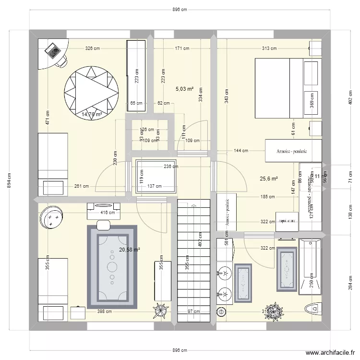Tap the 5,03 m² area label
(184, 89)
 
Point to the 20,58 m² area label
(130, 250)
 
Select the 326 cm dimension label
(92, 48)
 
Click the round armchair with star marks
(52, 217)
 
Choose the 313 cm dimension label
(269, 48)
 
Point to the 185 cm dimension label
(267, 197)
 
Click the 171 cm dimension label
(182, 48)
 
